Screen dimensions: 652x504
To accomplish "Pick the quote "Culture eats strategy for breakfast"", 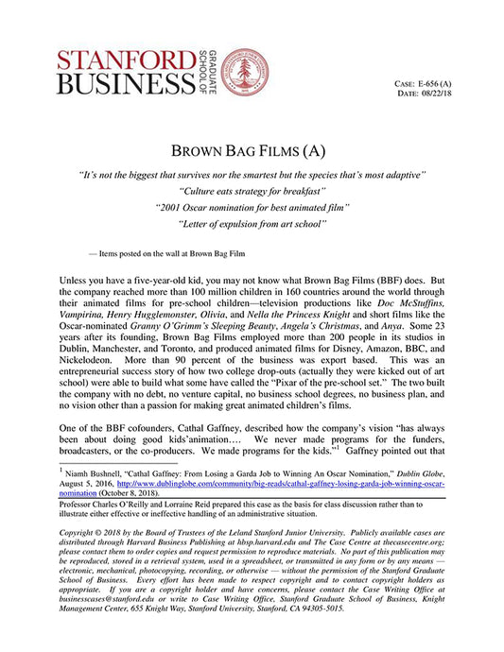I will tap(252, 191).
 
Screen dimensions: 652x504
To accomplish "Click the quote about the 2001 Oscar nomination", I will tap(252, 206).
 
